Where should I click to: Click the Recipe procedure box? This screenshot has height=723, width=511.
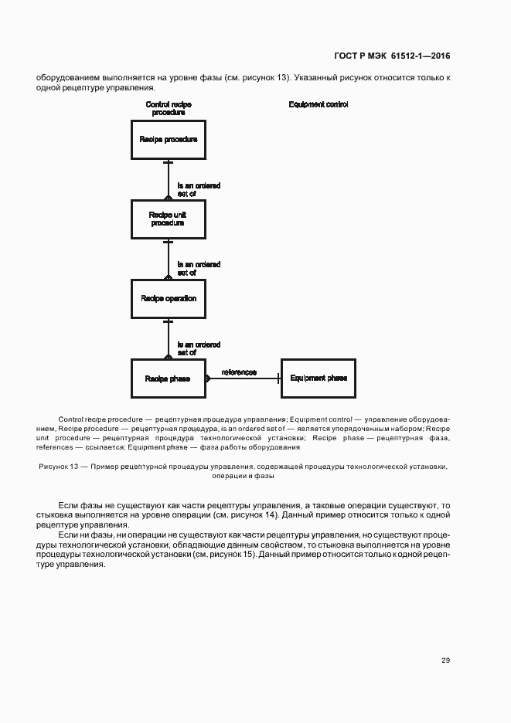(168, 140)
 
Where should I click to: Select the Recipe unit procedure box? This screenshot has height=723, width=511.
(168, 219)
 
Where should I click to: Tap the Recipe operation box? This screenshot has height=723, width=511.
(168, 298)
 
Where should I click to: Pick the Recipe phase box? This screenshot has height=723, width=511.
(168, 378)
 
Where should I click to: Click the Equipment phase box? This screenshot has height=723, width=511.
(318, 378)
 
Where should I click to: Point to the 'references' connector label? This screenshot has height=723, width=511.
(239, 372)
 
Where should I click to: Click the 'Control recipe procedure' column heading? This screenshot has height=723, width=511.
(168, 108)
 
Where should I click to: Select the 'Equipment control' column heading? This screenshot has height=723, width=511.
(318, 104)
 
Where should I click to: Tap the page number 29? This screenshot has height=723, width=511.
(445, 660)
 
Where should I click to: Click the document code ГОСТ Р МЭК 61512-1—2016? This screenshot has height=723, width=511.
(392, 56)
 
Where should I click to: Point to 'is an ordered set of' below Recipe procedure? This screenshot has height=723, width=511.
(199, 190)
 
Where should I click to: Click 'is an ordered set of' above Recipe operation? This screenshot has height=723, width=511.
(199, 269)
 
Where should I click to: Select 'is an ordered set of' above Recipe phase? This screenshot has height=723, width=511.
(199, 348)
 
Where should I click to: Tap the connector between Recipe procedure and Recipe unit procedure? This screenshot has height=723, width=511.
(168, 179)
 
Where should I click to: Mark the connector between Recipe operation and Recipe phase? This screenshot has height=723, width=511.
(168, 338)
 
